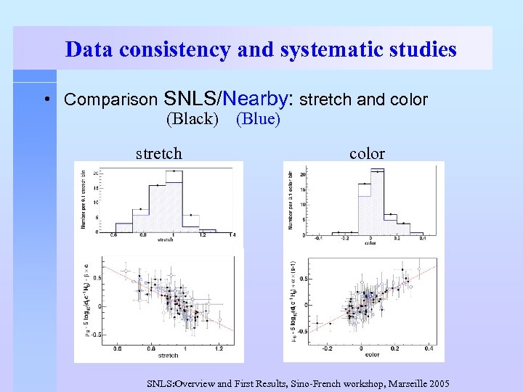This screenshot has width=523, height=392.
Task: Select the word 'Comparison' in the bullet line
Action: [111, 99]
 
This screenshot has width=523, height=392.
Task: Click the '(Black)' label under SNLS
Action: [192, 118]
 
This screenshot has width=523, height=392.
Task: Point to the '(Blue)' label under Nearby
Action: [258, 118]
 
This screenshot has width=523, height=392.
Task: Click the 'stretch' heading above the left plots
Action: [159, 153]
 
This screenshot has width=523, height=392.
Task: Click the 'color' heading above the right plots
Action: [367, 153]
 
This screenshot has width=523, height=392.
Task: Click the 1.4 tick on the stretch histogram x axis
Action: [232, 236]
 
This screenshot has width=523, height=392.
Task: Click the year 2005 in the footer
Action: [440, 383]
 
